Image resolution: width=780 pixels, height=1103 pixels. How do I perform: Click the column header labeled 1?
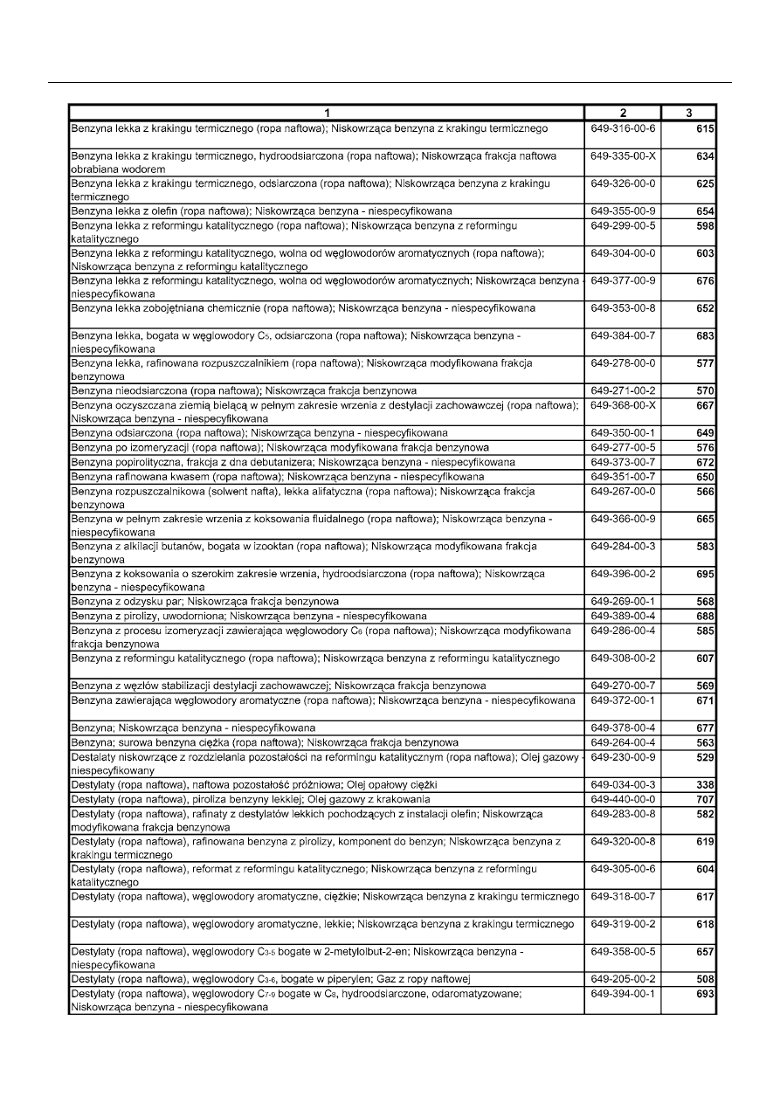pyautogui.click(x=326, y=113)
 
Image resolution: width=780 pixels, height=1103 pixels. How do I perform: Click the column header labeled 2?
pyautogui.click(x=622, y=113)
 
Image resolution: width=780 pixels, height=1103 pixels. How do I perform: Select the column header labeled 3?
pyautogui.click(x=688, y=113)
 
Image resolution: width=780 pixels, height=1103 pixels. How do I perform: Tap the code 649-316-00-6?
pyautogui.click(x=622, y=129)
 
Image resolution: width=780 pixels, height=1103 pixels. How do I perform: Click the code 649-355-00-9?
pyautogui.click(x=622, y=211)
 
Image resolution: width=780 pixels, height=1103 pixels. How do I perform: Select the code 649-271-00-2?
pyautogui.click(x=622, y=390)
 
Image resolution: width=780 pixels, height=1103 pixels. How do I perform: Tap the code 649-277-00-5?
pyautogui.click(x=622, y=447)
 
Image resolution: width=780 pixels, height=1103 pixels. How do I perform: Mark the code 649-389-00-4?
pyautogui.click(x=622, y=616)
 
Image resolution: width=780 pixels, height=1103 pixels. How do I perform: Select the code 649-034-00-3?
pyautogui.click(x=622, y=785)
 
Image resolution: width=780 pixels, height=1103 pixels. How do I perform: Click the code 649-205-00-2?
pyautogui.click(x=622, y=979)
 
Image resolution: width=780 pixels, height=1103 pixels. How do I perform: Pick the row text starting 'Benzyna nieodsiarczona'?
pyautogui.click(x=244, y=390)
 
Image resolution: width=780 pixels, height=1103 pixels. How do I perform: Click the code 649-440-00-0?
pyautogui.click(x=622, y=799)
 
